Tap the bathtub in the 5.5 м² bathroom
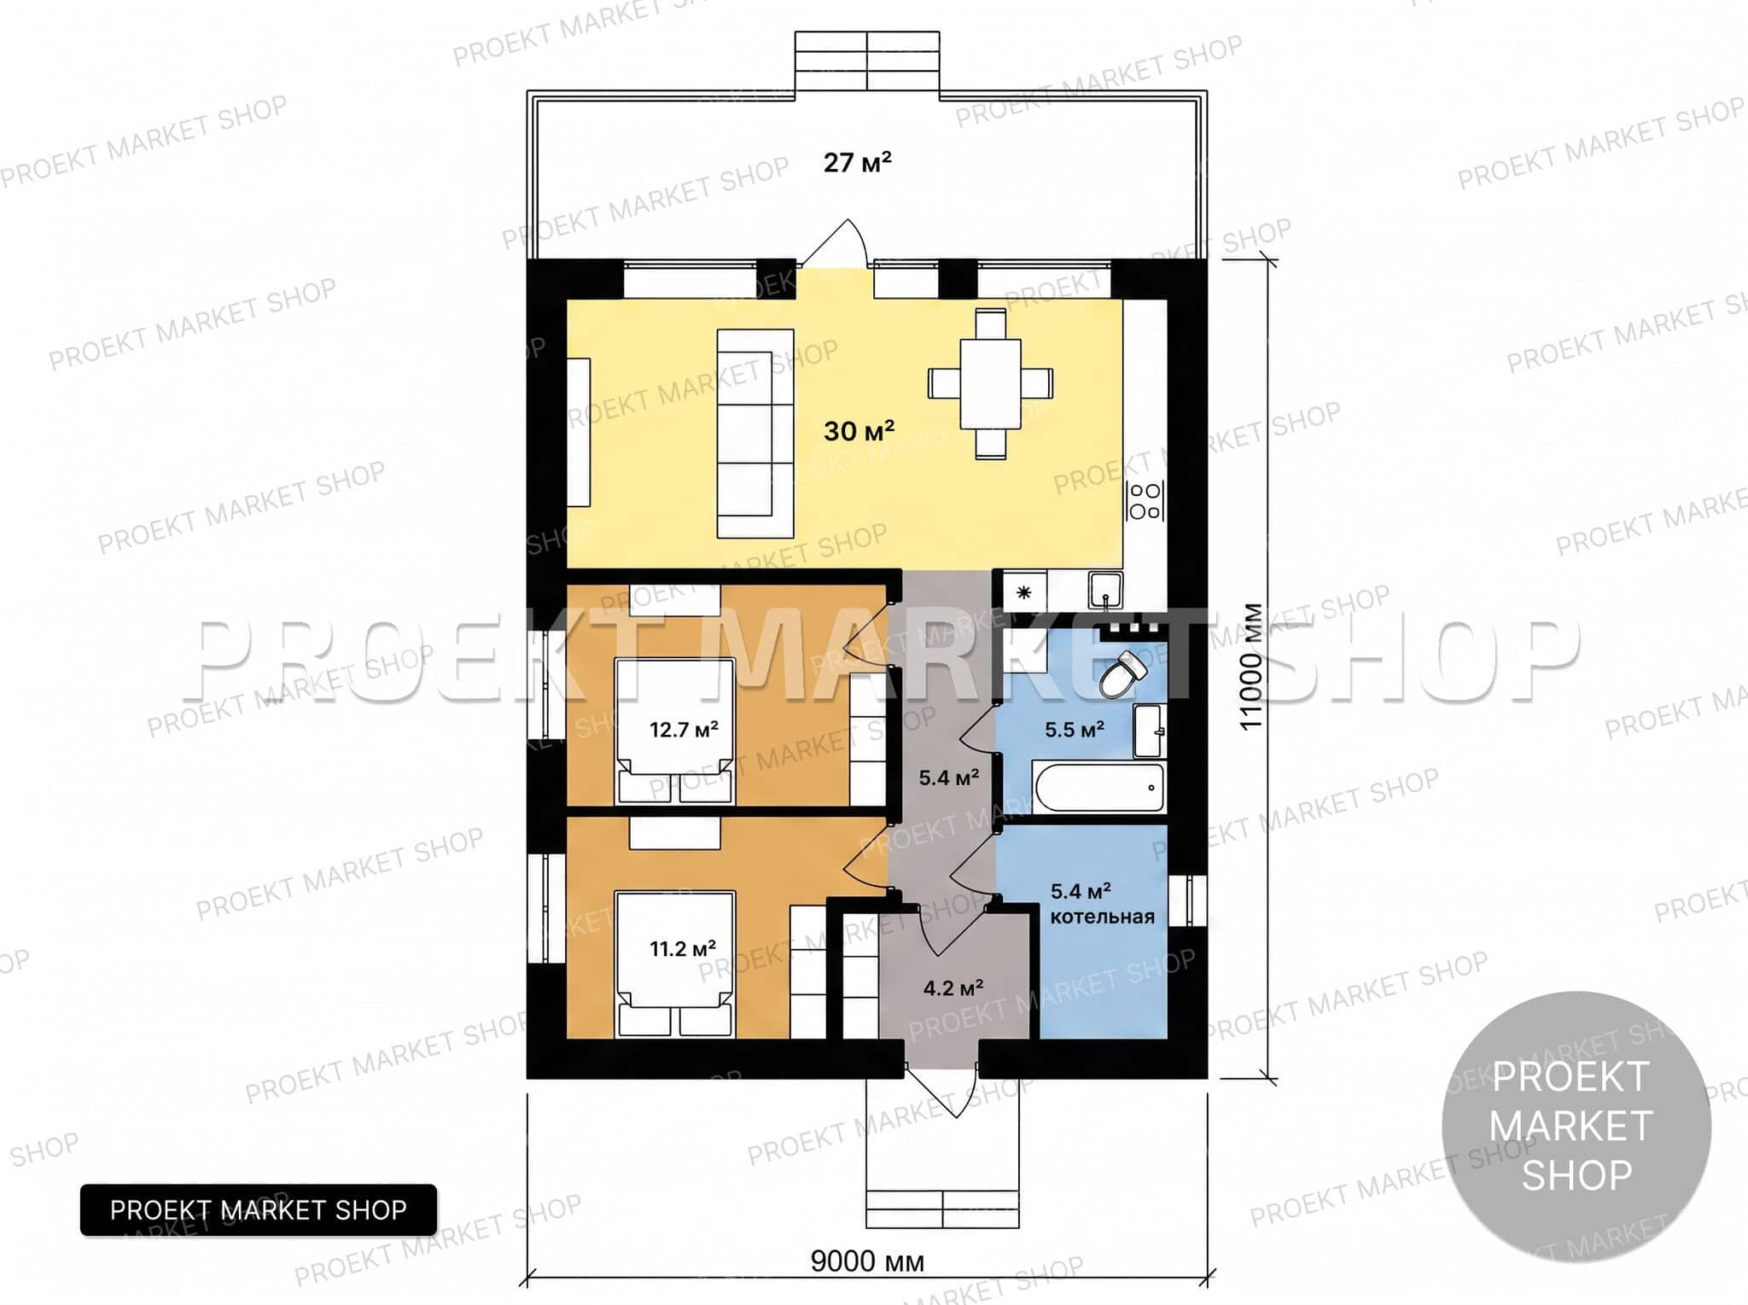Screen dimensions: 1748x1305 (1098, 787)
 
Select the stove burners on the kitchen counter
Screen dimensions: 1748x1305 (1145, 501)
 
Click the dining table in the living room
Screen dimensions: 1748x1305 (990, 384)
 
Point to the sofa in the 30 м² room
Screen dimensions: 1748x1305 (755, 434)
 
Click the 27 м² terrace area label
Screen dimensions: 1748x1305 (857, 162)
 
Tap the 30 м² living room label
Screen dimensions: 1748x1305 (859, 431)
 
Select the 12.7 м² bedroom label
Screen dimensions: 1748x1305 (684, 730)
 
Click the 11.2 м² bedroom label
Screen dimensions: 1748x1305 (683, 948)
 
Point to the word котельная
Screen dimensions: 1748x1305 (1102, 917)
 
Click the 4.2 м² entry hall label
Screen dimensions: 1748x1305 (953, 988)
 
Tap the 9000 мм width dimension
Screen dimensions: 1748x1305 (867, 1261)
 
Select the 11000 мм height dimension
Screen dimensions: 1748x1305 (1250, 667)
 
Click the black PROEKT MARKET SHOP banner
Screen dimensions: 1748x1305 (259, 1209)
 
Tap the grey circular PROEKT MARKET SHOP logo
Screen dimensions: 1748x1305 (1576, 1126)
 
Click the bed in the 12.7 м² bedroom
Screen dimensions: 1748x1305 (674, 731)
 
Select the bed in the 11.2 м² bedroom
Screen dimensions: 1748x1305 (674, 964)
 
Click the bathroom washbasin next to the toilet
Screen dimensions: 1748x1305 (1148, 731)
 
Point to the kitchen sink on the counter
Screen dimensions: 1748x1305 (1105, 590)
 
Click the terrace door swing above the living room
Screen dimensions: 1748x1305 (834, 243)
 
